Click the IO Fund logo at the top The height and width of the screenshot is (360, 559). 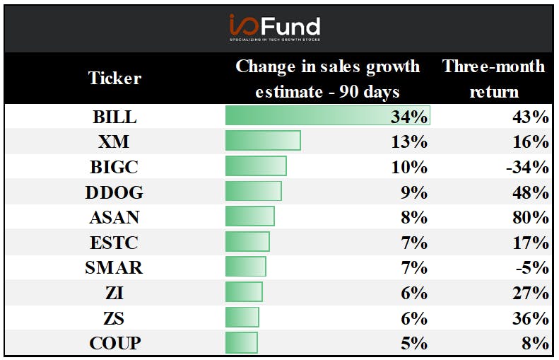(275, 28)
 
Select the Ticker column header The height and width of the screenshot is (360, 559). (114, 78)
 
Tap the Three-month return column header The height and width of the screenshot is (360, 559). (494, 79)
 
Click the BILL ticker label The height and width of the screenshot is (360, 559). (114, 117)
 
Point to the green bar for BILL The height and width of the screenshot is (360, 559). (328, 115)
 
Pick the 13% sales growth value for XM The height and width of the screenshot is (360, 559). (409, 141)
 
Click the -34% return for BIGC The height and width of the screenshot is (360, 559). (528, 167)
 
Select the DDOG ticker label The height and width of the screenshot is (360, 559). (114, 192)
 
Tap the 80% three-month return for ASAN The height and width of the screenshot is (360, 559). (531, 217)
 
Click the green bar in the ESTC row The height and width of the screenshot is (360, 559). (247, 242)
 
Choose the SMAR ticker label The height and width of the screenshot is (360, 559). (114, 267)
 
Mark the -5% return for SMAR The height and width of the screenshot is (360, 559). (532, 267)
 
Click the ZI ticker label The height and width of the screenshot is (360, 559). (114, 294)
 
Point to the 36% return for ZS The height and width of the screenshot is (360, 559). (531, 318)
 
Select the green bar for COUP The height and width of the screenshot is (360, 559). (242, 342)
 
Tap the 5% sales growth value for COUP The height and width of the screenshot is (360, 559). (414, 343)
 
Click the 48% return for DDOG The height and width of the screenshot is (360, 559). (531, 192)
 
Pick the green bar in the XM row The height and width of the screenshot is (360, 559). (263, 141)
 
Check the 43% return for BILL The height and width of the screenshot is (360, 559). (531, 117)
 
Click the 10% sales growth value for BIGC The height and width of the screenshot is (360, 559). (409, 167)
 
